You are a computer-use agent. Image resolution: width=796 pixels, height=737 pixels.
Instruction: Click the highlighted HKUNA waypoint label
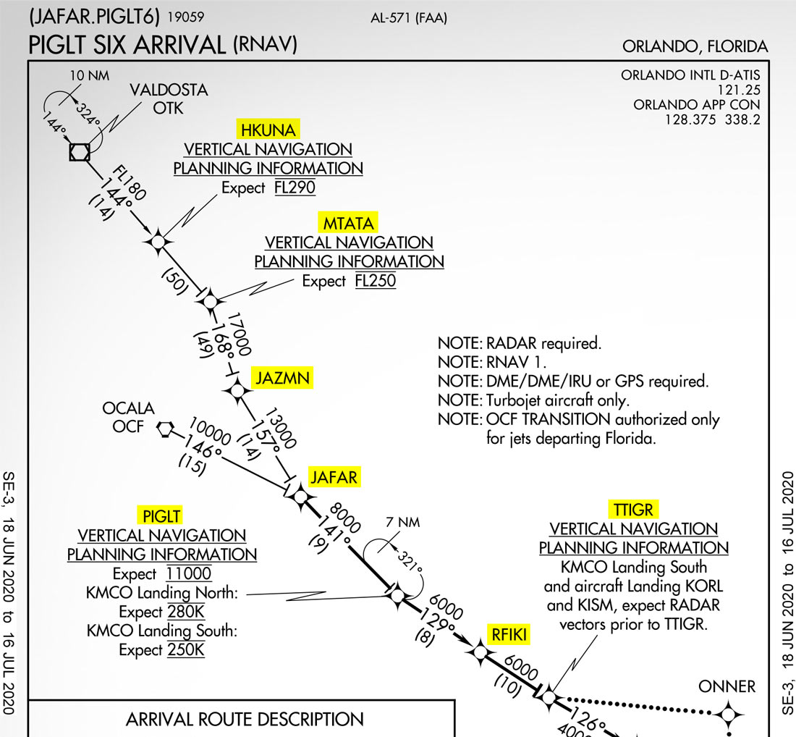click(x=268, y=130)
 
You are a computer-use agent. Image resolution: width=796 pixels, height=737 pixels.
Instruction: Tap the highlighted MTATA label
click(x=349, y=223)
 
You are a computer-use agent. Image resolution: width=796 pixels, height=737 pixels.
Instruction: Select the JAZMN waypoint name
click(x=282, y=378)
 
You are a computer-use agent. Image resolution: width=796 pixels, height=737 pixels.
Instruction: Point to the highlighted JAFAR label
click(x=334, y=477)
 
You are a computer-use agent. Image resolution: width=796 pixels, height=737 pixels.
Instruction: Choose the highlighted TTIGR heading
click(x=633, y=510)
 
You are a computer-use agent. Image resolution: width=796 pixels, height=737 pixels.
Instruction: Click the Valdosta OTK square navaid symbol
click(x=79, y=152)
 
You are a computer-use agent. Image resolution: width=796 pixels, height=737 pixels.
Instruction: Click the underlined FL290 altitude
click(x=295, y=188)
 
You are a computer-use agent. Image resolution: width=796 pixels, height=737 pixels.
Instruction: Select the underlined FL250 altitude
click(x=376, y=281)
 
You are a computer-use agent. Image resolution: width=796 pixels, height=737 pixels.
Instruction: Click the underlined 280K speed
click(x=187, y=612)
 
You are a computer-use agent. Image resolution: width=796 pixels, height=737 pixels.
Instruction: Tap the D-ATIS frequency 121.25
click(x=738, y=90)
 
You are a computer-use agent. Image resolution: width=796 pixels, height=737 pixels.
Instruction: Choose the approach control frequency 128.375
click(x=693, y=119)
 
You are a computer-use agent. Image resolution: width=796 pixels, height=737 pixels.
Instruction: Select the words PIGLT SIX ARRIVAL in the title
click(x=127, y=45)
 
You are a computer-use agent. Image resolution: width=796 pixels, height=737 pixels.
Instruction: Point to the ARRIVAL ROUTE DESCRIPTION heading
click(x=245, y=720)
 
